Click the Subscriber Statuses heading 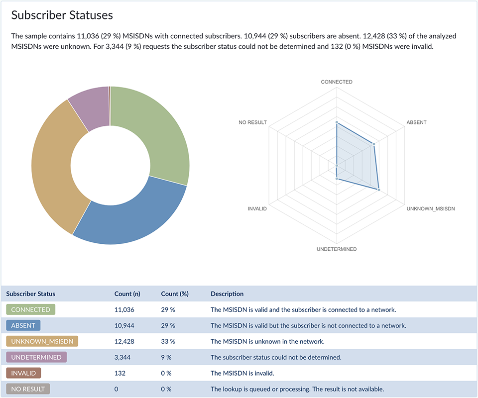(62, 15)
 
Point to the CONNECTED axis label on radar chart (337, 82)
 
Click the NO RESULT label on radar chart (252, 122)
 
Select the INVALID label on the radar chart (257, 209)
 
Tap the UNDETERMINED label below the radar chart (337, 249)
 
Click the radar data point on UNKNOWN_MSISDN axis (378, 190)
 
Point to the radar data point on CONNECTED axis (337, 122)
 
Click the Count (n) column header (127, 294)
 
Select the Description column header (227, 294)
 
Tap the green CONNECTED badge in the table (30, 309)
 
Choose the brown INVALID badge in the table (24, 373)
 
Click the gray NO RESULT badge (28, 389)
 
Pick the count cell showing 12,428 (124, 341)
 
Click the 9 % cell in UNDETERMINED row (166, 357)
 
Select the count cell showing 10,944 (124, 325)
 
